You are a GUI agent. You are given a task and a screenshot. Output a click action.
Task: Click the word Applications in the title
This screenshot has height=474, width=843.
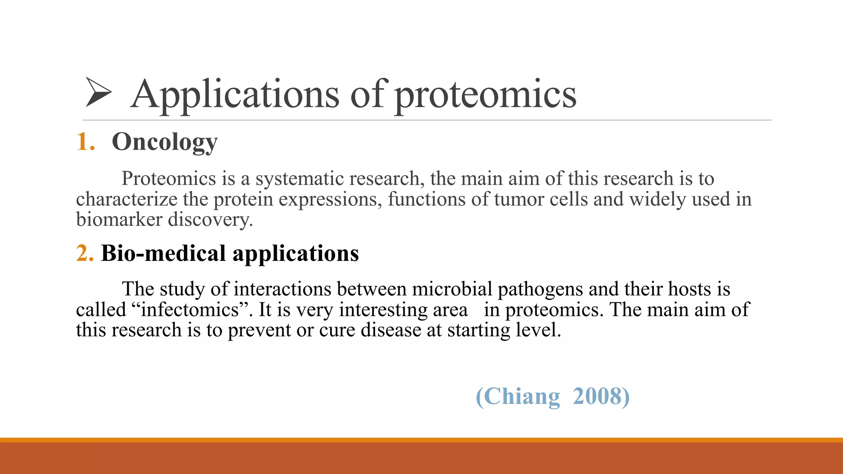tap(235, 95)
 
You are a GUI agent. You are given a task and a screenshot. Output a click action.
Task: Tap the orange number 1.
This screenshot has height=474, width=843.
tap(85, 142)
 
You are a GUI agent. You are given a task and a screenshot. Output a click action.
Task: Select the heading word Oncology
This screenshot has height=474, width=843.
tap(165, 142)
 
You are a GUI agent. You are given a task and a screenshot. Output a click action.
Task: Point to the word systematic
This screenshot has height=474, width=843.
tap(299, 179)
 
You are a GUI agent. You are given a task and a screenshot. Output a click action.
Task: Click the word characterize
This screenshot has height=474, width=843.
tap(127, 199)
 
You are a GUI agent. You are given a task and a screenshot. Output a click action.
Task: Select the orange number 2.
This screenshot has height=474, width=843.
tap(85, 253)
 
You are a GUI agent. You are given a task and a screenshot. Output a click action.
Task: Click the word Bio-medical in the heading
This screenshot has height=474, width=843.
tap(163, 253)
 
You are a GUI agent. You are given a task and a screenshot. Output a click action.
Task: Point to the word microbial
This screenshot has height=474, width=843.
tap(452, 289)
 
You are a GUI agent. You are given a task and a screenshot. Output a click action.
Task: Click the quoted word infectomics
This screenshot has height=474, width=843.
tap(190, 309)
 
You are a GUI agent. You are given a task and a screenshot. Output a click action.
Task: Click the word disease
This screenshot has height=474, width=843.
tap(391, 330)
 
